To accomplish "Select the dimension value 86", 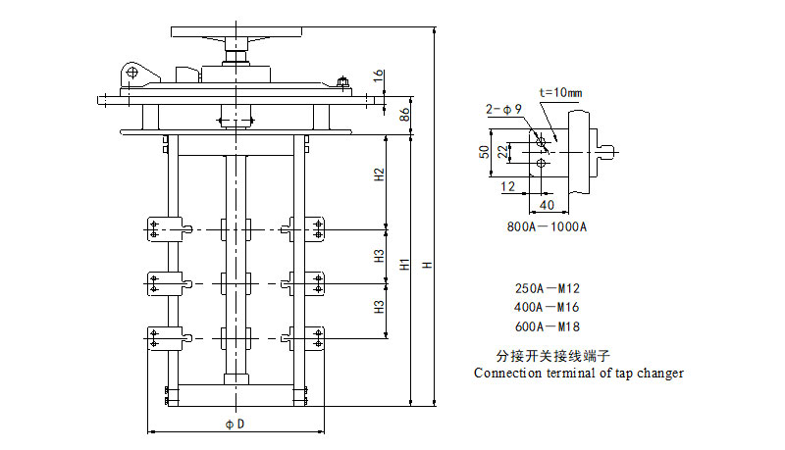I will point(404,114).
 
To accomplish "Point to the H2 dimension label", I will point(379,176).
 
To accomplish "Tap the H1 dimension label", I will point(404,266).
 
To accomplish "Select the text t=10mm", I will point(560,93).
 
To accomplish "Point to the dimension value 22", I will point(502,151).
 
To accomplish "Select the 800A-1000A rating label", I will point(547,226).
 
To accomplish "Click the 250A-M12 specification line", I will point(548,289).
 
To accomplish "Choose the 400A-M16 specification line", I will point(548,308).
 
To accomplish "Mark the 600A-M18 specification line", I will point(548,326).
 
